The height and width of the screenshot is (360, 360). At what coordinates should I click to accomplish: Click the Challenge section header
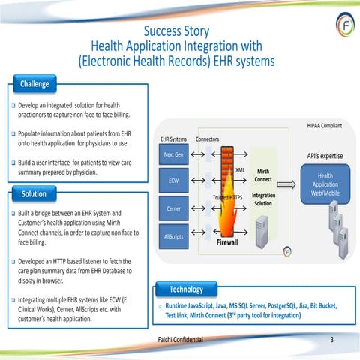(34, 82)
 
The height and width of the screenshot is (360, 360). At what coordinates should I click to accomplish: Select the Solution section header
(34, 194)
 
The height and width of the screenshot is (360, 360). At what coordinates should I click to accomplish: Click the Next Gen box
(173, 154)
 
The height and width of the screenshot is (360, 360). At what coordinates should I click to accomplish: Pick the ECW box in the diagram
(173, 181)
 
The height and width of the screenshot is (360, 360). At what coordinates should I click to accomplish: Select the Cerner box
(173, 208)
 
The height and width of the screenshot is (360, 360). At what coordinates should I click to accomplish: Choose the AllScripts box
(173, 236)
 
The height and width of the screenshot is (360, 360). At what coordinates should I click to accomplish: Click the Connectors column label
(207, 139)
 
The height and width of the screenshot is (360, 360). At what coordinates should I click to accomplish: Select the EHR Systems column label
(173, 139)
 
